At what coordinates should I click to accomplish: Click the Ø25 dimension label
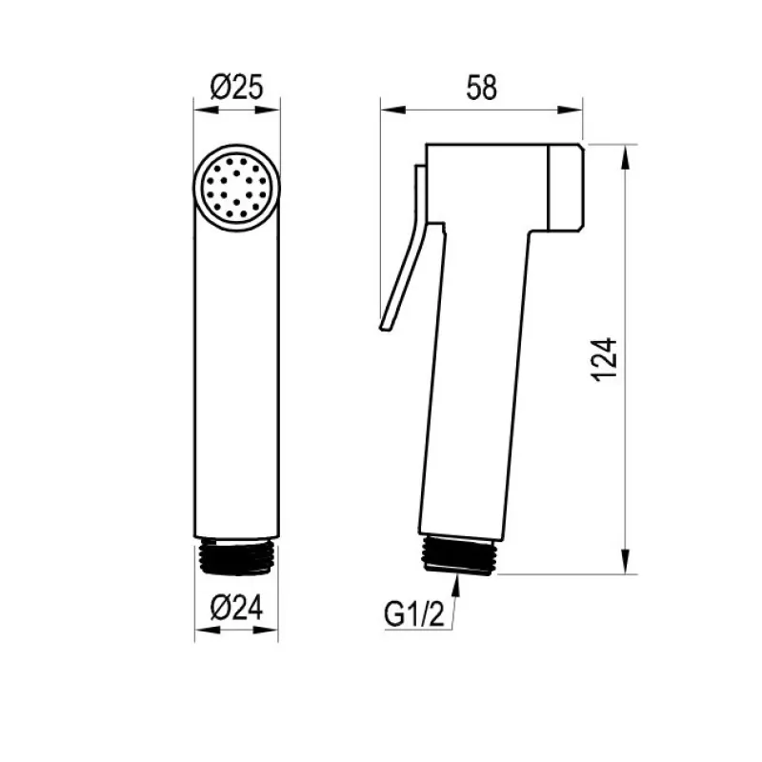[236, 87]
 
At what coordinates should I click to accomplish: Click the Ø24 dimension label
[236, 608]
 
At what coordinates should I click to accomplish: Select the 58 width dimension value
[482, 88]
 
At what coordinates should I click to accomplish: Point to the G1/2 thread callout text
[414, 613]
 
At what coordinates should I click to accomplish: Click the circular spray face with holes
[236, 188]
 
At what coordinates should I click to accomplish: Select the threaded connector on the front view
[236, 557]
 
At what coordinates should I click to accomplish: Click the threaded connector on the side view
[459, 554]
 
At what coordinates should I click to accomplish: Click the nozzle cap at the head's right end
[566, 188]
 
